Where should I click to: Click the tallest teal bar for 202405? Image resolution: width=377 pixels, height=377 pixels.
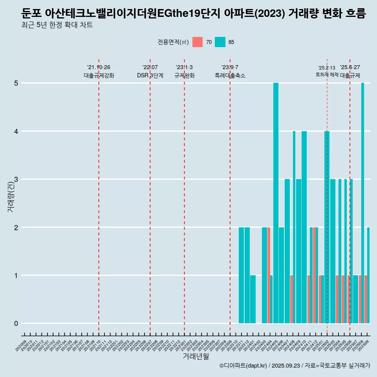click(x=276, y=203)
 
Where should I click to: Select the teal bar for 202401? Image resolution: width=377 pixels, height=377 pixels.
click(x=253, y=299)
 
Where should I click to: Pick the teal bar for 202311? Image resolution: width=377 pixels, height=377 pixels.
click(x=242, y=275)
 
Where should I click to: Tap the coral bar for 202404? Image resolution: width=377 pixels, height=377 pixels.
click(x=269, y=275)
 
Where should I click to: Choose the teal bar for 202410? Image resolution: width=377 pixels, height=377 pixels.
click(x=304, y=227)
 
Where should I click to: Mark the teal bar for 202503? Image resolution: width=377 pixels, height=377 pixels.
click(x=333, y=251)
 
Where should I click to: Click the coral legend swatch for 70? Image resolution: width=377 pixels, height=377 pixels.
click(x=198, y=42)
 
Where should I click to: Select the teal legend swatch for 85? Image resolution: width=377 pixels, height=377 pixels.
click(x=220, y=42)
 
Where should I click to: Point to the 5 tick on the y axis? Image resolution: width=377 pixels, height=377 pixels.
click(x=16, y=83)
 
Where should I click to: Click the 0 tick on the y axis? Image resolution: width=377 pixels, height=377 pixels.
click(x=16, y=324)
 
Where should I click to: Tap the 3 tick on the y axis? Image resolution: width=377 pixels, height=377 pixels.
click(x=16, y=179)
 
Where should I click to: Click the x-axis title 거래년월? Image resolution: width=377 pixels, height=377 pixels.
click(x=196, y=356)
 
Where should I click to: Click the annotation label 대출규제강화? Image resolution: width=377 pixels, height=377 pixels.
click(x=99, y=76)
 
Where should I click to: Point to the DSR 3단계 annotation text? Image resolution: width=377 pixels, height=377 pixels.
click(x=150, y=76)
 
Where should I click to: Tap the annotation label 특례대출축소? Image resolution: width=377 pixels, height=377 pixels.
click(x=230, y=76)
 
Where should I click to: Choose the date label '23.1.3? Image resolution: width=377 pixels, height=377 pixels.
click(x=184, y=68)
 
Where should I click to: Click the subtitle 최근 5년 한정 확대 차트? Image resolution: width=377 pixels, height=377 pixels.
click(x=57, y=26)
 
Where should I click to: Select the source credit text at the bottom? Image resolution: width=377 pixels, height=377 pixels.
click(x=295, y=366)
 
